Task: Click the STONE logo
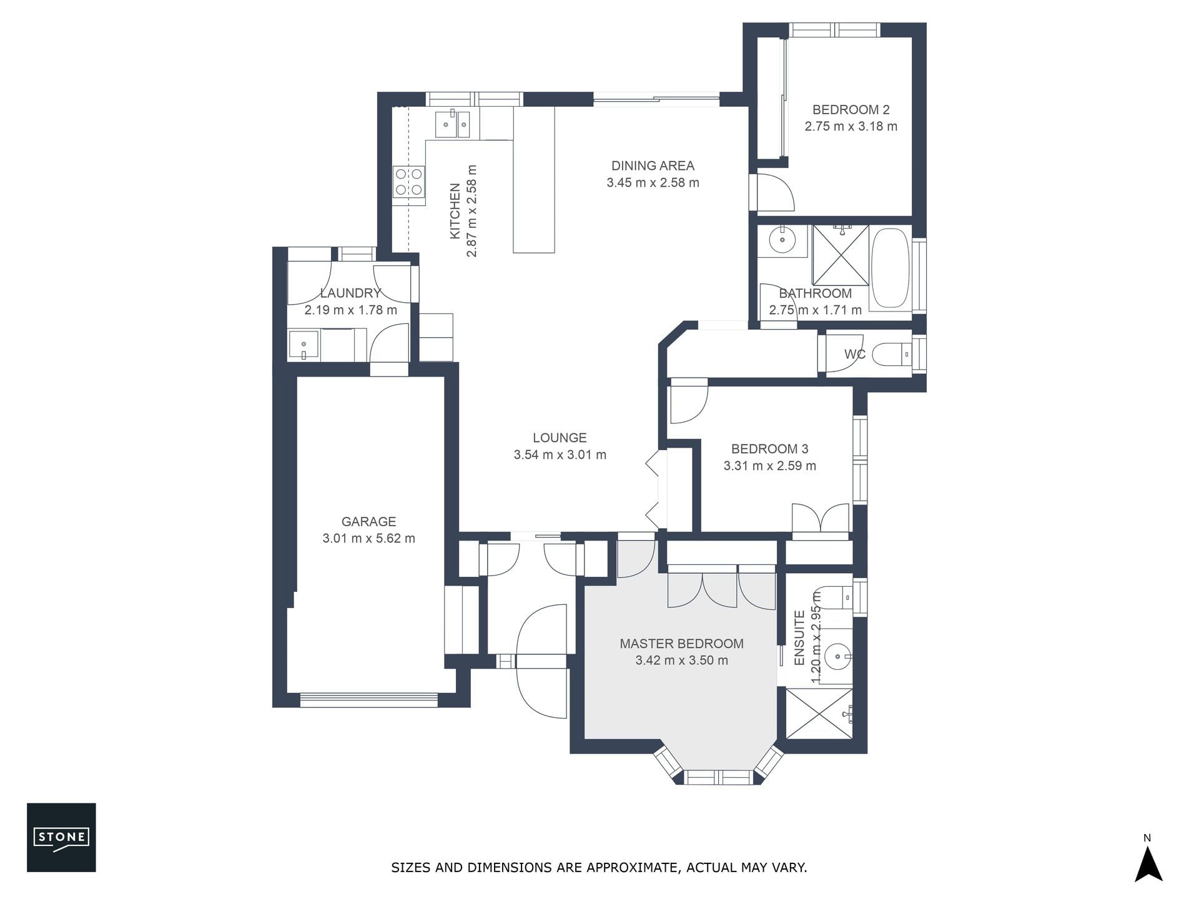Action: click(61, 837)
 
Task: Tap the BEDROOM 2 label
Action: click(851, 110)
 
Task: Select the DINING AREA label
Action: click(653, 166)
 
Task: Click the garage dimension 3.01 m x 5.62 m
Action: click(368, 538)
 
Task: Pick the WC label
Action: click(855, 355)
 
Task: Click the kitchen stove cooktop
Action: click(409, 182)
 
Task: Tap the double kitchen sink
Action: click(453, 124)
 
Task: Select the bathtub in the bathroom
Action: click(891, 268)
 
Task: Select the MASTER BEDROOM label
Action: click(681, 644)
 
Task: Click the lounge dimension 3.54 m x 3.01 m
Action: click(560, 455)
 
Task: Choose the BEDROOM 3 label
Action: click(769, 449)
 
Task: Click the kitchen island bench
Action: click(534, 180)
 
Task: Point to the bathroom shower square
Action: click(841, 255)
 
